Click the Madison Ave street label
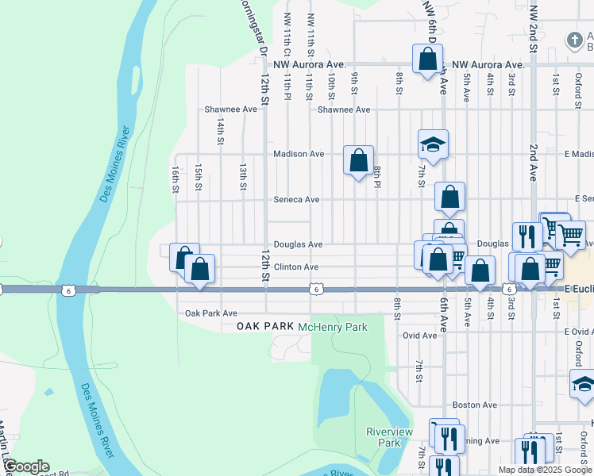click(298, 154)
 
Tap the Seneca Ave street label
click(296, 200)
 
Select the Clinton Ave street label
click(296, 267)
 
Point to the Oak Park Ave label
click(211, 314)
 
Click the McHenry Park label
click(332, 327)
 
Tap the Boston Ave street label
click(475, 405)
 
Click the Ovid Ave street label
click(419, 336)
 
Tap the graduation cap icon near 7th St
click(434, 144)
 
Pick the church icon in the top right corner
click(574, 40)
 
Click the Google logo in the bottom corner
click(25, 466)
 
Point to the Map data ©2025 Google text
click(545, 470)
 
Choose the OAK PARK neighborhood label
click(265, 327)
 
